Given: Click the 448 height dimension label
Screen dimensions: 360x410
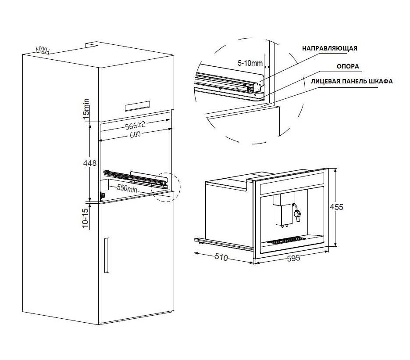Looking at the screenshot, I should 89,163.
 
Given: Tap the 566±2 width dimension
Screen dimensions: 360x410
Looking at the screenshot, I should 135,125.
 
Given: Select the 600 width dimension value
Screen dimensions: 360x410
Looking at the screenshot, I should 135,135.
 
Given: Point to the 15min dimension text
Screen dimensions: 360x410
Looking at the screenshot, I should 86,110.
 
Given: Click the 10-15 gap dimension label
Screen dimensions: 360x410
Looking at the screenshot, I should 86,218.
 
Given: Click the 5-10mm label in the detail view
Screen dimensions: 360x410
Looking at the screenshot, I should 250,63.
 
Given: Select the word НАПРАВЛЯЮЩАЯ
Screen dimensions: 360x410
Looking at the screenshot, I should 330,48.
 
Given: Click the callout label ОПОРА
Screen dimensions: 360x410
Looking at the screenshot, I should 348,66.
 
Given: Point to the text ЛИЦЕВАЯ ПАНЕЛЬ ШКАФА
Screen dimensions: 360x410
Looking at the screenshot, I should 345,81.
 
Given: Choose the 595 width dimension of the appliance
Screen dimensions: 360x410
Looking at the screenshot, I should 293,258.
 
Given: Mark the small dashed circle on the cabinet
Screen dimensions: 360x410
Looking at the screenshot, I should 167,188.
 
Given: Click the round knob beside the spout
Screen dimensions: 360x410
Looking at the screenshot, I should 298,213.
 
